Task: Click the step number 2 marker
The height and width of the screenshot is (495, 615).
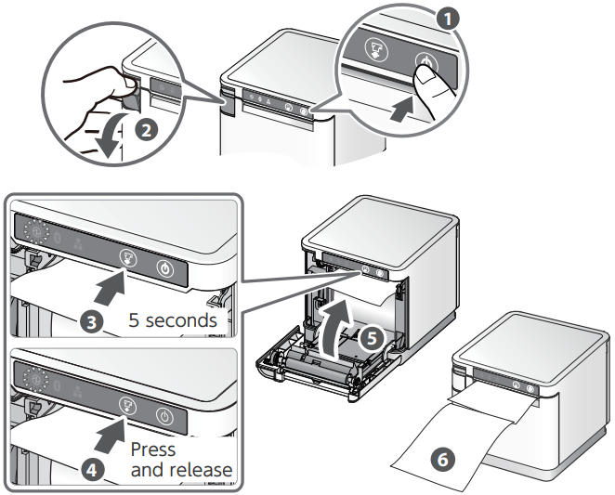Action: pos(145,129)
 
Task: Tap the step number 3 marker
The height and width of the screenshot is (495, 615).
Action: pos(91,322)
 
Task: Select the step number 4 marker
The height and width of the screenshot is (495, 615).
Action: pos(91,469)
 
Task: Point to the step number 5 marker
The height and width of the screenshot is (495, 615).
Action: pos(370,339)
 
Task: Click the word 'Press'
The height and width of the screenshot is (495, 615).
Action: pos(153,449)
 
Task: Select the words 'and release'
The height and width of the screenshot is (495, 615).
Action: pos(181,470)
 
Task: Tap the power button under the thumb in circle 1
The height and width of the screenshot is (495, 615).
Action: pos(423,67)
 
